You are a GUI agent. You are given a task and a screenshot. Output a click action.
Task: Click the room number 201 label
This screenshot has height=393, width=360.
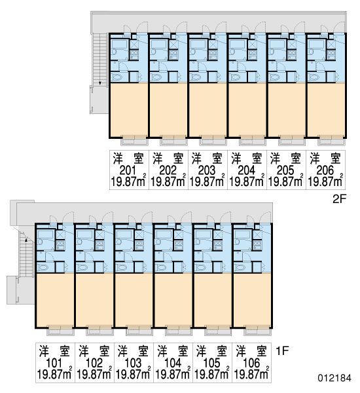[x=128, y=171]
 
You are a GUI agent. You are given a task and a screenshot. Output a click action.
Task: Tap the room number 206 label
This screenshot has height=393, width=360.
[x=325, y=171]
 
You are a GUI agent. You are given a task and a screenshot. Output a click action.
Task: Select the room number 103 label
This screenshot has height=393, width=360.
[x=133, y=363]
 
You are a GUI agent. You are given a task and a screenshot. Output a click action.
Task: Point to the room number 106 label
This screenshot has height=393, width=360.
[x=251, y=363]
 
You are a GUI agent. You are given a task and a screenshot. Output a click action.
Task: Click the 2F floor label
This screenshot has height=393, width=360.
[x=339, y=199]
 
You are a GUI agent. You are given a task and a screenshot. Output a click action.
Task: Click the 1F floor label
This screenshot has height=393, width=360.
[x=282, y=350]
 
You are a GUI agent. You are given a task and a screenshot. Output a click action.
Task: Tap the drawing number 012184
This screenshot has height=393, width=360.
[x=334, y=378]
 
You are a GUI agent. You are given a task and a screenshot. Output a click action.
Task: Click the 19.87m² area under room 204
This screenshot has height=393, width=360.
[x=247, y=181]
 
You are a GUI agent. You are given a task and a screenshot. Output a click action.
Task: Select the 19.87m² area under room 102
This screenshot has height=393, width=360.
[x=94, y=374]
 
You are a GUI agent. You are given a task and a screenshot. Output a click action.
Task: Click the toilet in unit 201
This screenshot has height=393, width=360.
[x=116, y=77]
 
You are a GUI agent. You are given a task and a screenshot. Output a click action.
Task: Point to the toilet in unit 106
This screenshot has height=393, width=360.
[x=239, y=267]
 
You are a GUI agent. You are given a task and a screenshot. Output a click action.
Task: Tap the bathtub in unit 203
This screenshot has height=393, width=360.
[x=198, y=44]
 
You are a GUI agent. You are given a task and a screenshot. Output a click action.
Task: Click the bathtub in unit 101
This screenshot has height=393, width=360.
[x=45, y=234]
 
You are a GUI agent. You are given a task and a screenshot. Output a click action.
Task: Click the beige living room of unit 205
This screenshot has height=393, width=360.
[x=286, y=109]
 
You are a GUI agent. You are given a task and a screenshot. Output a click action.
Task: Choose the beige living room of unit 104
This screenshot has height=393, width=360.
[x=173, y=300]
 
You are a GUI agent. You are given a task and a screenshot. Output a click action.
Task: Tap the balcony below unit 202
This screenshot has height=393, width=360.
[x=173, y=141]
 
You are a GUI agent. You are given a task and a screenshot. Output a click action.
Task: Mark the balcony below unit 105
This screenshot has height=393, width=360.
[x=218, y=331]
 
